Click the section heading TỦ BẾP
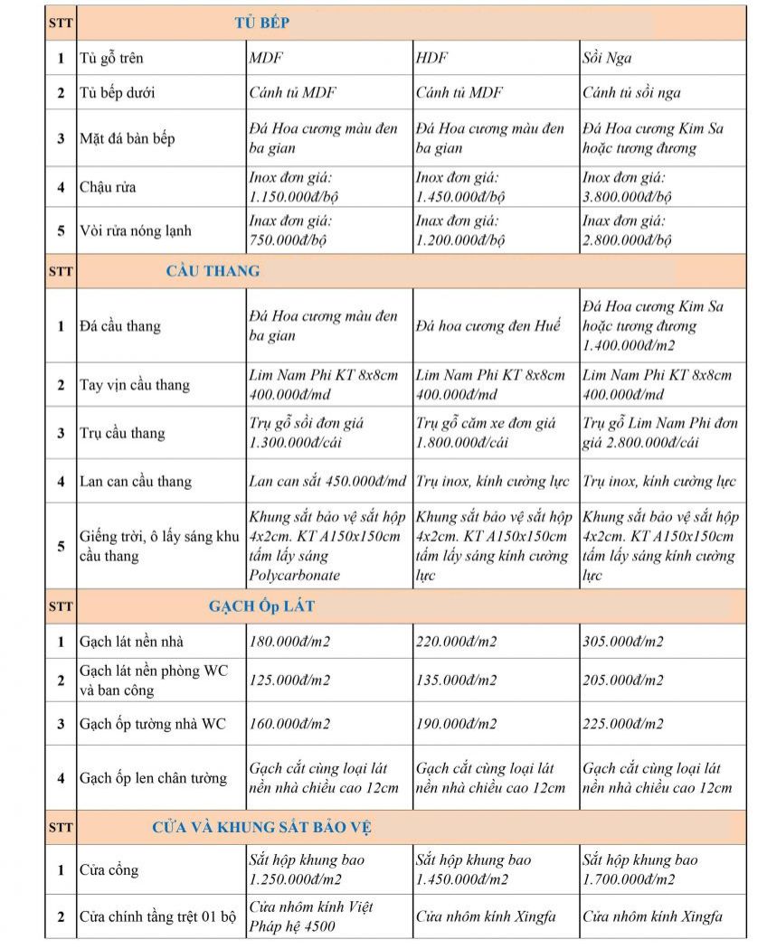261,23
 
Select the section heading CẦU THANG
213,270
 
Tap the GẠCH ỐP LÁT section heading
261,606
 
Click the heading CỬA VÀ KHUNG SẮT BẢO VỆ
261,827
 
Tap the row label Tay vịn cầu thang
135,385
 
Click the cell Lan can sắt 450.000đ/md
327,482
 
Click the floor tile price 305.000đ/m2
623,642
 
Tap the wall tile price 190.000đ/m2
456,724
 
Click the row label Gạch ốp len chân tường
153,778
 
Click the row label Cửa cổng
109,870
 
